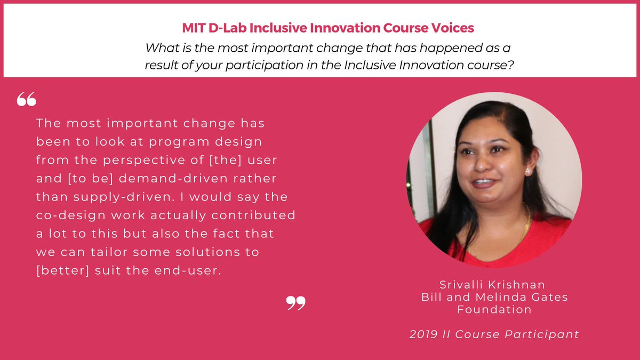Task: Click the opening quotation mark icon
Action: (x=26, y=99)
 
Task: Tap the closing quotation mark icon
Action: (x=296, y=303)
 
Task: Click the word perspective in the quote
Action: (x=133, y=160)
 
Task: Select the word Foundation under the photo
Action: (x=494, y=309)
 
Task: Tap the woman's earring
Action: (x=527, y=172)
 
